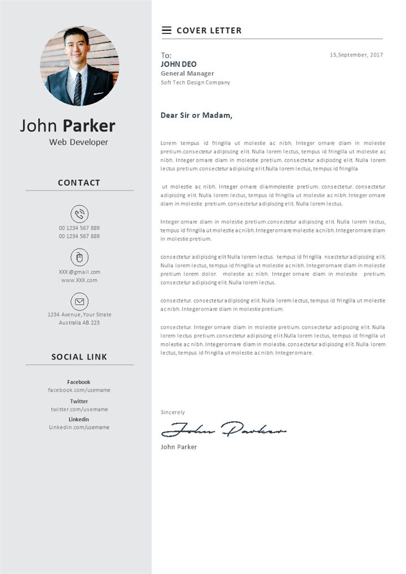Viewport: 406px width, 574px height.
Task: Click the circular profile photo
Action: (x=80, y=66)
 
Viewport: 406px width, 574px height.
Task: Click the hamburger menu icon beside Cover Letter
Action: (x=166, y=30)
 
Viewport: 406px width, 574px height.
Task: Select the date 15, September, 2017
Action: (x=356, y=55)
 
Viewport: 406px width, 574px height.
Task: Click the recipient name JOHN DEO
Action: (x=179, y=64)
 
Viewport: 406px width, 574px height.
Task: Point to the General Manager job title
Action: (x=187, y=73)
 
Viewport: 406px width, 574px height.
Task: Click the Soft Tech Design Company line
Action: (x=195, y=82)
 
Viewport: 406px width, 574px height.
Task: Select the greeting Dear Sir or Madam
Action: (x=196, y=115)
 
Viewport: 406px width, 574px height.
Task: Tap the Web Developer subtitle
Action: (x=78, y=142)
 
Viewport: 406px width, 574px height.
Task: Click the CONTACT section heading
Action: (x=79, y=183)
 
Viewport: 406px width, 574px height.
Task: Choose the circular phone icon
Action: (x=80, y=214)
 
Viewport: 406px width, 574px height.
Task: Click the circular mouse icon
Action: (x=80, y=257)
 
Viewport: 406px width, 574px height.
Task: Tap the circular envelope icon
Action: (x=80, y=301)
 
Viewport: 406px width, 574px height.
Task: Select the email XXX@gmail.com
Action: (x=80, y=272)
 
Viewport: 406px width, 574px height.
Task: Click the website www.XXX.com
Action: (x=80, y=280)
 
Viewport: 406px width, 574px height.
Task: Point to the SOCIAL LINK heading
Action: (x=79, y=357)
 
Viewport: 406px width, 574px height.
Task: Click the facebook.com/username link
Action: (x=79, y=390)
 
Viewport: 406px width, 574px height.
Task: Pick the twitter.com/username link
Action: (x=79, y=409)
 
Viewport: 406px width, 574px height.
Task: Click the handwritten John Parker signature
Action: (x=223, y=430)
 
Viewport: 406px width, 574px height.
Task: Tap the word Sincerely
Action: (x=173, y=413)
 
